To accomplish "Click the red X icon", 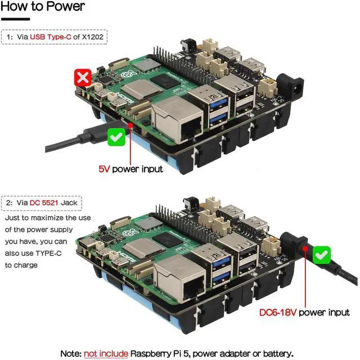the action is coord(83,78).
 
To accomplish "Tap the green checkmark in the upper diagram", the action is coord(116,136).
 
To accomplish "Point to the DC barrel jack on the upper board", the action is coord(294,87).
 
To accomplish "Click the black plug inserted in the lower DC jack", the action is coord(298,247).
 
